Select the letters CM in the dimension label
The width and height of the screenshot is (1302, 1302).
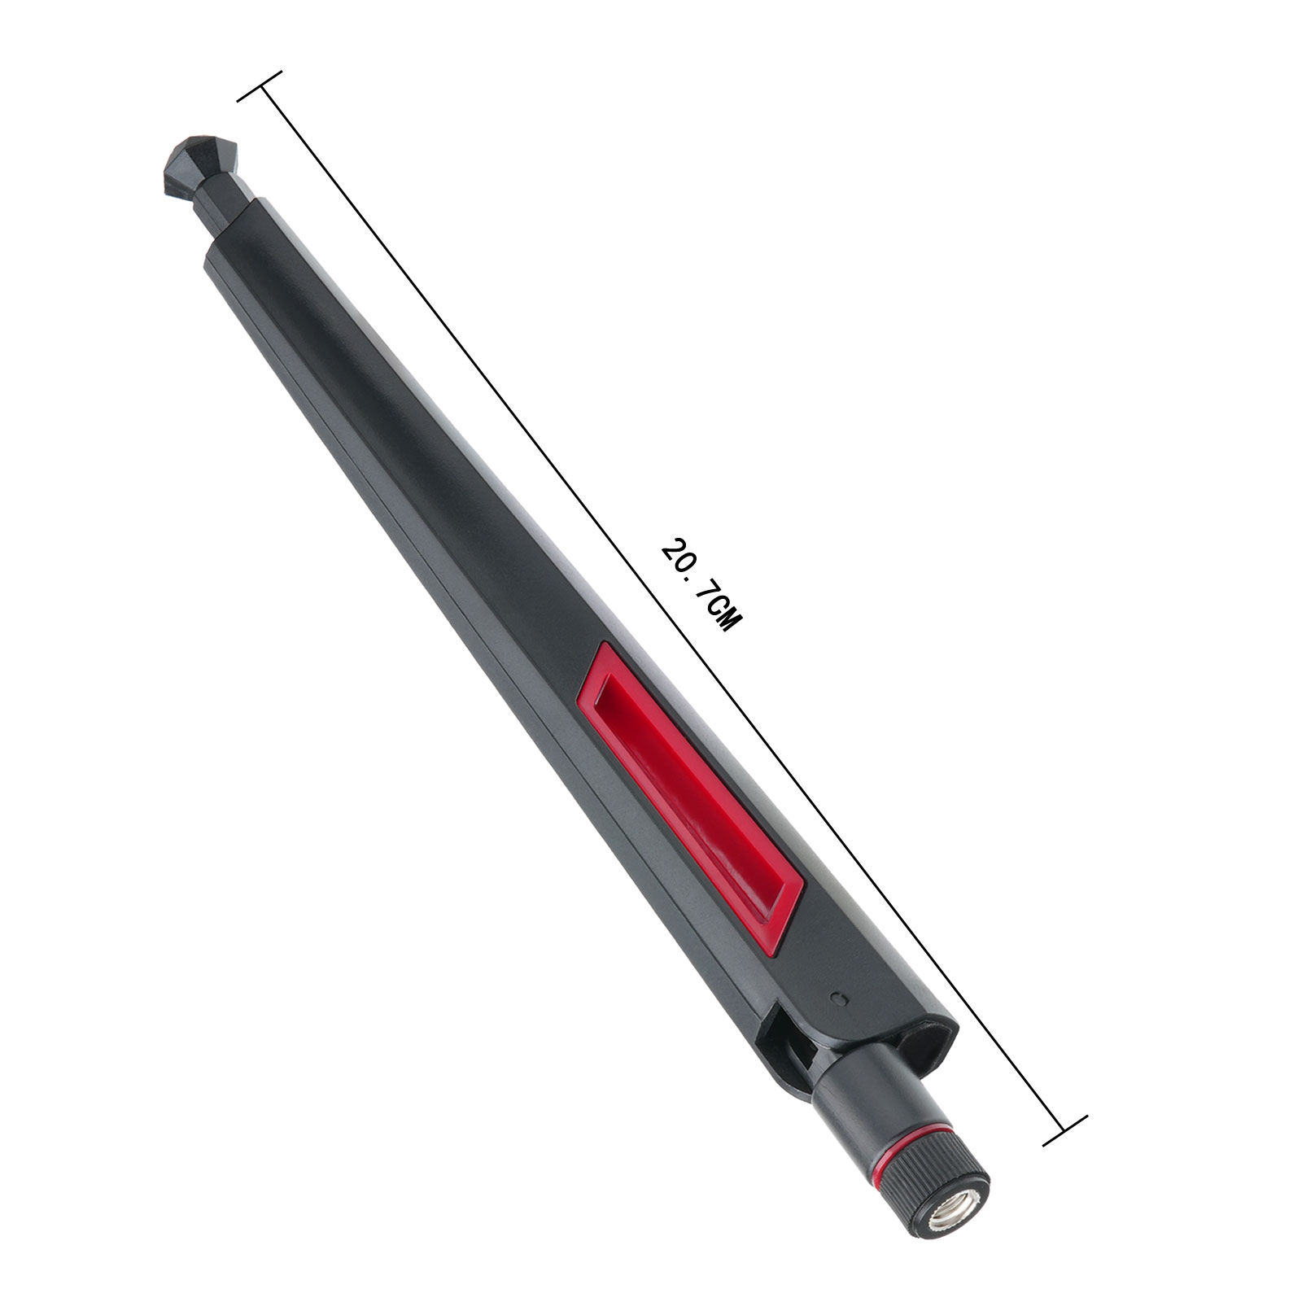point(724,616)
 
